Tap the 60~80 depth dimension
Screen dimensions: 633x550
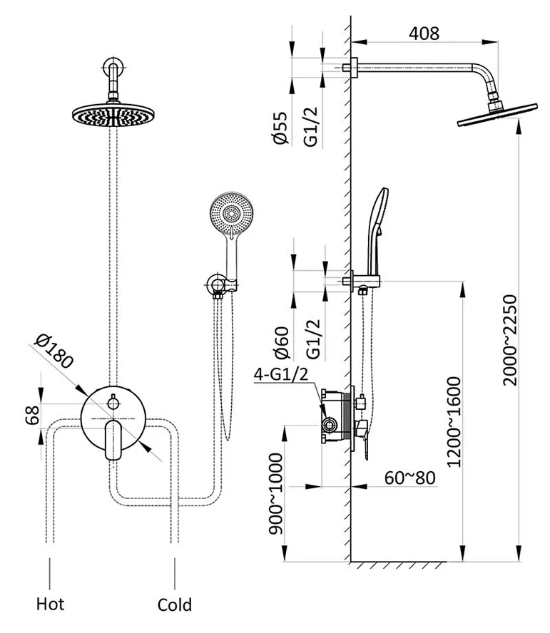(x=409, y=476)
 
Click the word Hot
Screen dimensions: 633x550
(x=50, y=604)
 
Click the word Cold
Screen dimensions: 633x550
(x=175, y=605)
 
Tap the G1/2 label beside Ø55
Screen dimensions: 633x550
(x=311, y=128)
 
